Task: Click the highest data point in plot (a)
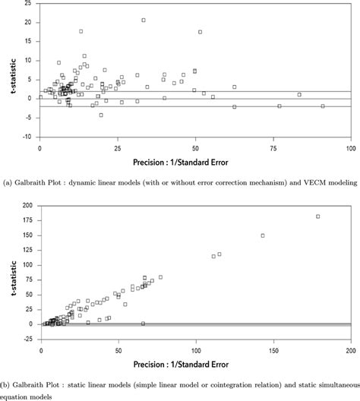(x=143, y=20)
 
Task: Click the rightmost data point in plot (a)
(x=323, y=106)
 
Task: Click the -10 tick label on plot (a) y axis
(x=26, y=137)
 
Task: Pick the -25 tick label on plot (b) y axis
(x=26, y=339)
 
